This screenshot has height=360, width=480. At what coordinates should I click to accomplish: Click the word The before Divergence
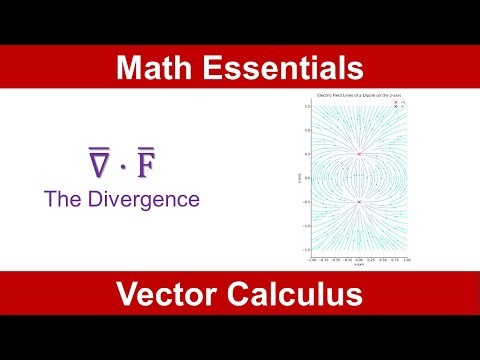(x=63, y=198)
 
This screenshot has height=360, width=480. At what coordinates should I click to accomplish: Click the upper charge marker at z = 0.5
(x=359, y=154)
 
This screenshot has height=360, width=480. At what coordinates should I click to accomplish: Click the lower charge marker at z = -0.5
(x=359, y=202)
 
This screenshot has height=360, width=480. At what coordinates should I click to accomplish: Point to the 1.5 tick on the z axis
(x=309, y=106)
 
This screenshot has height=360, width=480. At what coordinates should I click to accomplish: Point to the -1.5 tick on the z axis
(x=308, y=250)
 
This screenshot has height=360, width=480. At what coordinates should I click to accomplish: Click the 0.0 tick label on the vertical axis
(x=309, y=178)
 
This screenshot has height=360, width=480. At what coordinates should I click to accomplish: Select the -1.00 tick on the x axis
(x=313, y=258)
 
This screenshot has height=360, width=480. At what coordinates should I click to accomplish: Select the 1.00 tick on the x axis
(x=405, y=258)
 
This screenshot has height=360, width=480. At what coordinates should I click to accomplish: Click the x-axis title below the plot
(x=359, y=264)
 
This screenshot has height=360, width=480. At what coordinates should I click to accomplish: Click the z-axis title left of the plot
(x=300, y=177)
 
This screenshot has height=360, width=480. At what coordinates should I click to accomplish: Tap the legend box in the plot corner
(x=398, y=103)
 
